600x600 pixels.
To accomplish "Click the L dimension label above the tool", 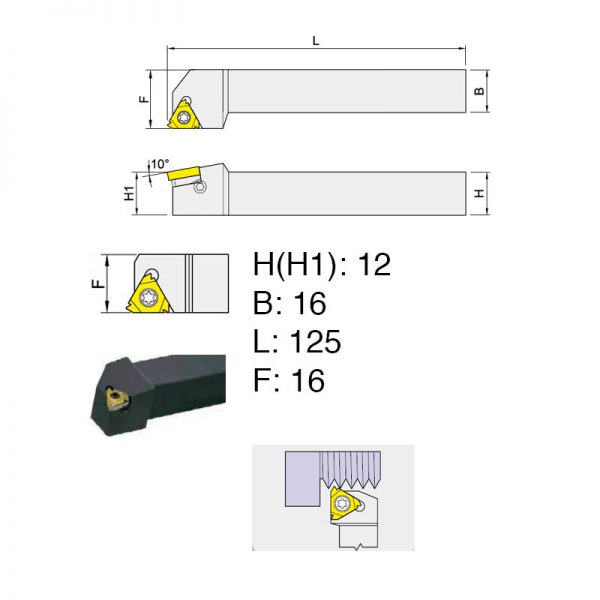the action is point(316,41).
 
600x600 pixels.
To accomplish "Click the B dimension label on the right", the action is point(479,91).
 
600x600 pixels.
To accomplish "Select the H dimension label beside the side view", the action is point(479,194).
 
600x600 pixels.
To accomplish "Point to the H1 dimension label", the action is point(129,193).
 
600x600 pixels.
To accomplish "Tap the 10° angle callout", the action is point(160,164).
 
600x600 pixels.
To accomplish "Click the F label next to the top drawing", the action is point(143,99).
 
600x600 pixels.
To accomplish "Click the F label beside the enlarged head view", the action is point(99,284).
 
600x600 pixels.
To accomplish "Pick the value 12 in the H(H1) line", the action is point(375,264).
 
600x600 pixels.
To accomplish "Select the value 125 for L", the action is point(315,341).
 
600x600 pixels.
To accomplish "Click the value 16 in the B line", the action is point(310,303).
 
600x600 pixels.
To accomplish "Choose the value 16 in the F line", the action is point(308,380).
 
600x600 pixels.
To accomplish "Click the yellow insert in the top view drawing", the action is point(184,115).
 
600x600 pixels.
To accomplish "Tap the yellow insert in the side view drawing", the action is point(184,173).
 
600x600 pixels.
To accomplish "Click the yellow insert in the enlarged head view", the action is point(148,293).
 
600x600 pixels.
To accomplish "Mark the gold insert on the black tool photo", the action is point(116,398).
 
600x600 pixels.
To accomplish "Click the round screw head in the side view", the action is point(200,187).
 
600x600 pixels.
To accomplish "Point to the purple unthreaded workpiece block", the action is point(302,479).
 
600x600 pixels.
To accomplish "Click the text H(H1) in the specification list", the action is point(295,265).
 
